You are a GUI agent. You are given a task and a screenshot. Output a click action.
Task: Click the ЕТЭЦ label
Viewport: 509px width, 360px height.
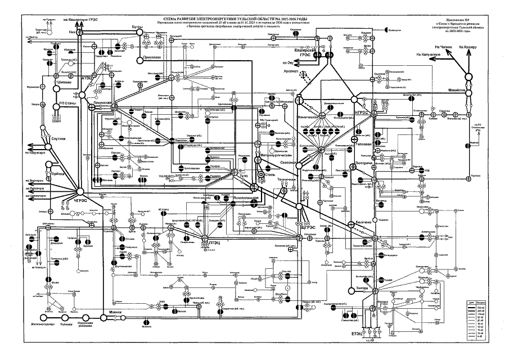pos(357,335)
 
